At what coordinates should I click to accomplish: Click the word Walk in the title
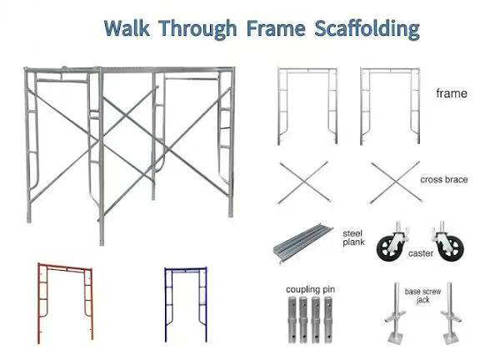click(x=129, y=28)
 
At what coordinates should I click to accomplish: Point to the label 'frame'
click(x=452, y=94)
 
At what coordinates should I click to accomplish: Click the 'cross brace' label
click(x=444, y=179)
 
